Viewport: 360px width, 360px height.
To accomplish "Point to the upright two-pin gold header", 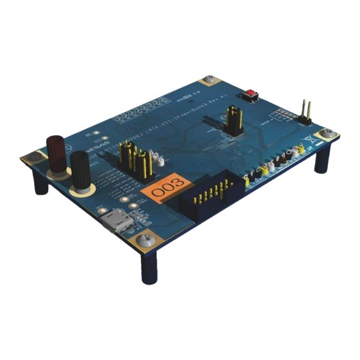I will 305,112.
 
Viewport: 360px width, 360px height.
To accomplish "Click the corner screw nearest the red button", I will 208,82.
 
